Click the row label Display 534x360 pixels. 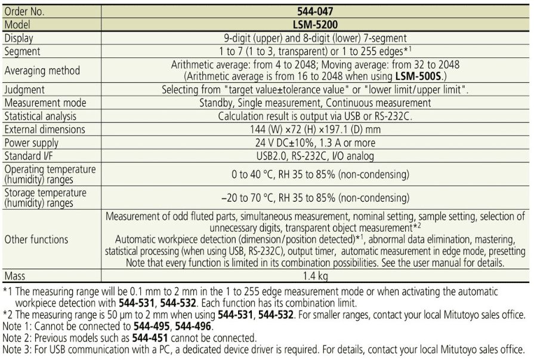[20, 38]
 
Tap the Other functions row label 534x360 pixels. [36, 239]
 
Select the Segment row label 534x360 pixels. [23, 51]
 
